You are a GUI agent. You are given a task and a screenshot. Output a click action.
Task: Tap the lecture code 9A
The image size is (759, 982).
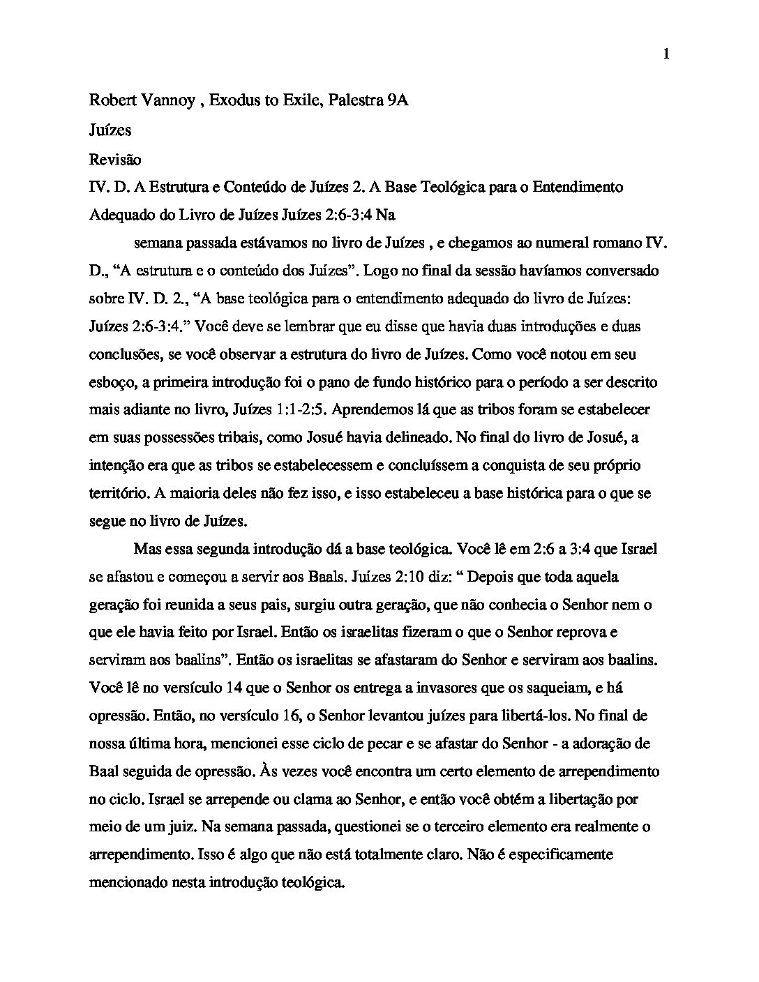coord(397,100)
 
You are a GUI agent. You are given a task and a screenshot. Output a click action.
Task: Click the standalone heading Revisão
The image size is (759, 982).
coord(115,160)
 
